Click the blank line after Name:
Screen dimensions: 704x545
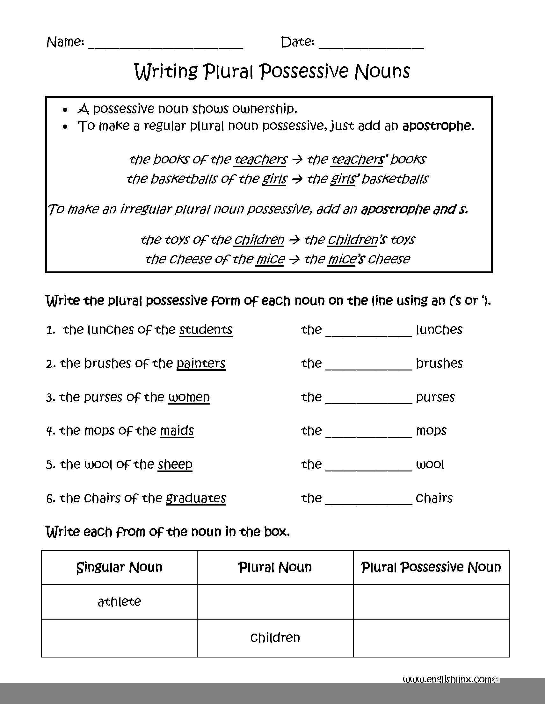165,45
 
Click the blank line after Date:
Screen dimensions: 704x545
371,45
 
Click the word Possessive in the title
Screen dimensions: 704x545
304,71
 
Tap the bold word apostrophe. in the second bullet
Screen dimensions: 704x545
438,126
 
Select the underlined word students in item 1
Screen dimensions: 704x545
206,330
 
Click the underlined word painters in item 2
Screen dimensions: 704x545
201,363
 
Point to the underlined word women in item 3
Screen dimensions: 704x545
189,397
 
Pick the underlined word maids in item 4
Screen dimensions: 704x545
177,431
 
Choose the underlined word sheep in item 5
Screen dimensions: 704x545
175,464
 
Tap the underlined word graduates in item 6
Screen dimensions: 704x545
196,498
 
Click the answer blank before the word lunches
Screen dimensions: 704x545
369,332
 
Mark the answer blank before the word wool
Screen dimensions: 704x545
369,467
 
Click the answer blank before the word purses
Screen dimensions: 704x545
369,399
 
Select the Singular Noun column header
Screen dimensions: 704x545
119,567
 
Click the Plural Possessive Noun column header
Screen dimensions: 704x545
431,567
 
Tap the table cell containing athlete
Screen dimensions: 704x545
119,601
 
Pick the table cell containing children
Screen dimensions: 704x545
275,638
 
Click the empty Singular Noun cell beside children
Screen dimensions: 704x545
119,638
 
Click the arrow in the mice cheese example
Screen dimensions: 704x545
294,259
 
